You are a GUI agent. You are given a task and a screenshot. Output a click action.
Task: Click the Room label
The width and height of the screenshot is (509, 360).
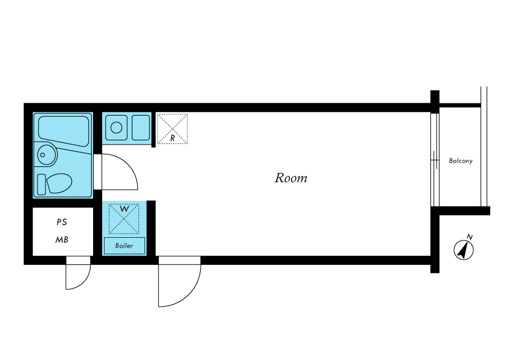point(291,178)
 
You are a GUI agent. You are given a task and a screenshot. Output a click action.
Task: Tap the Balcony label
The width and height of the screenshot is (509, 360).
point(461,161)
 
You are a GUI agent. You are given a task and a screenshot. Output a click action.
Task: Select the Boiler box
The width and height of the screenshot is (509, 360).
point(125,246)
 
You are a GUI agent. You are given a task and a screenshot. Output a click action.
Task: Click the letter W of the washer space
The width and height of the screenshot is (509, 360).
point(125,209)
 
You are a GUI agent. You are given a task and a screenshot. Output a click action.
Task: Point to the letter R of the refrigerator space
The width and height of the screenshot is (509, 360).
point(172,138)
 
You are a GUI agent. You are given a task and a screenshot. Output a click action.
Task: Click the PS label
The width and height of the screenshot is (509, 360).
point(62,222)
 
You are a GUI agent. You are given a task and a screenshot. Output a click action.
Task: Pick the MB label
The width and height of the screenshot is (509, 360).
point(62,240)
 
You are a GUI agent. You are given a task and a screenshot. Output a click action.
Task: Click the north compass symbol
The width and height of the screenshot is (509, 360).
point(464,250)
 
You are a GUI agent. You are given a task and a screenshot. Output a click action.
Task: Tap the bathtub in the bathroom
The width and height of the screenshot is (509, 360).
point(63,131)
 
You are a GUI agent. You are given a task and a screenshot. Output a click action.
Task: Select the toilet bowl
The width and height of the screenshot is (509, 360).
point(59,183)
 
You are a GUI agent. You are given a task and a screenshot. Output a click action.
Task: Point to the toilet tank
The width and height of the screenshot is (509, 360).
point(42,185)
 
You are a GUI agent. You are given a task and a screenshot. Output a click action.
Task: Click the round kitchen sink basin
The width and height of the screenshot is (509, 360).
point(116,128)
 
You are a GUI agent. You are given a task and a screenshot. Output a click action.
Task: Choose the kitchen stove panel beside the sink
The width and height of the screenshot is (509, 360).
point(141,128)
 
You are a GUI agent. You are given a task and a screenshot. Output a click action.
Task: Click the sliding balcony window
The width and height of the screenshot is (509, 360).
point(435,160)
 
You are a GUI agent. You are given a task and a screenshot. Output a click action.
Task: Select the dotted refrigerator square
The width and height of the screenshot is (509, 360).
point(172,129)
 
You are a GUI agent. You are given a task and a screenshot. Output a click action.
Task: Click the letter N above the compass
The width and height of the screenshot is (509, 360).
point(469,237)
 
